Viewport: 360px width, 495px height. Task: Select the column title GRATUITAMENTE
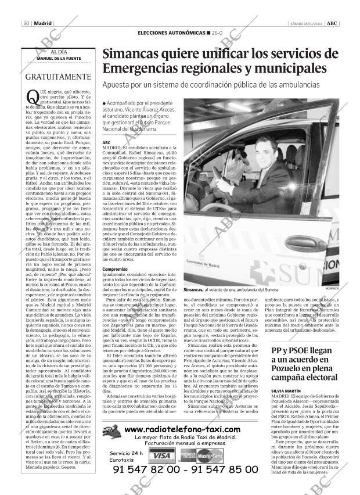coord(58,77)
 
